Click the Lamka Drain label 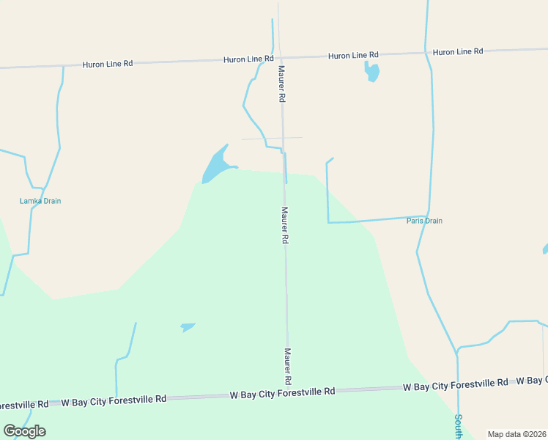40,201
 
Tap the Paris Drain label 424,221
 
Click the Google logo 25,431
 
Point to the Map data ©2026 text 516,434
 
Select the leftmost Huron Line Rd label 107,64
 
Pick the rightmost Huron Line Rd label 458,51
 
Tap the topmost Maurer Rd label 281,83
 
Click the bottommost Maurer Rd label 289,366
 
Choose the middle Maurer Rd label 285,224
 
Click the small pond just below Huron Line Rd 372,71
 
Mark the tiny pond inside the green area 188,326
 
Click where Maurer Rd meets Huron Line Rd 278,57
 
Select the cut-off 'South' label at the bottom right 458,426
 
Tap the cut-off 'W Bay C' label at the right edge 531,380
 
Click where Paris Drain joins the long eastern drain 428,216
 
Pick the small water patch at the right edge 545,249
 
